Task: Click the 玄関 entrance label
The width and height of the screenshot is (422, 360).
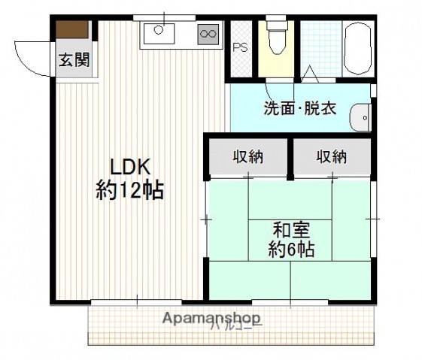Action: pyautogui.click(x=74, y=60)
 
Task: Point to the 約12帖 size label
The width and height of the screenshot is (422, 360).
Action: pyautogui.click(x=129, y=190)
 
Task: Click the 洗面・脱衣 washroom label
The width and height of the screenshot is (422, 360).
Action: pyautogui.click(x=299, y=107)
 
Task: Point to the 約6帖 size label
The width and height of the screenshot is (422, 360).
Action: pyautogui.click(x=291, y=250)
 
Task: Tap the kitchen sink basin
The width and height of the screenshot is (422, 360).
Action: pyautogui.click(x=159, y=33)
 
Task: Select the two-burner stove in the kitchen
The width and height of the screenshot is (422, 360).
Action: pyautogui.click(x=208, y=32)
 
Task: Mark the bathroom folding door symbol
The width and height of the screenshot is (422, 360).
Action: pyautogui.click(x=311, y=74)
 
